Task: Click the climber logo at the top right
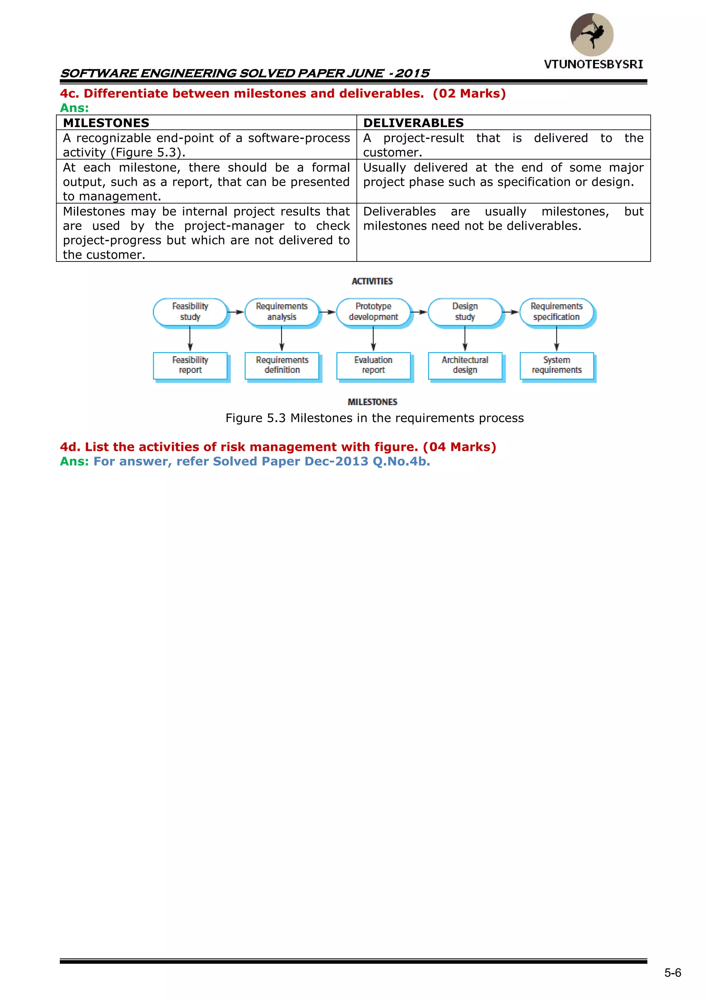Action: click(x=592, y=35)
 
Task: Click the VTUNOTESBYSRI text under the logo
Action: click(x=593, y=65)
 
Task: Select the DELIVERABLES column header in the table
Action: click(x=413, y=123)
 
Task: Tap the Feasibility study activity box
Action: click(x=190, y=312)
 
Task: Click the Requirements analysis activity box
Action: click(x=282, y=312)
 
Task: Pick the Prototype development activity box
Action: click(x=373, y=312)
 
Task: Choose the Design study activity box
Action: click(x=465, y=312)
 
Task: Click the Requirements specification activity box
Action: click(x=556, y=312)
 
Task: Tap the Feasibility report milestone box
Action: click(x=190, y=365)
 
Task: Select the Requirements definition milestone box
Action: click(x=282, y=365)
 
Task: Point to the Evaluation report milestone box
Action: click(x=373, y=365)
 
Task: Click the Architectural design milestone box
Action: click(x=465, y=365)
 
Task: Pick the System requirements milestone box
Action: click(x=556, y=365)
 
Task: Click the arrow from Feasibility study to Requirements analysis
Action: click(x=235, y=312)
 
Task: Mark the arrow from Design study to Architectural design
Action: click(x=465, y=339)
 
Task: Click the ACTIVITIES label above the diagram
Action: click(x=372, y=282)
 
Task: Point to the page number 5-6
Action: click(x=672, y=973)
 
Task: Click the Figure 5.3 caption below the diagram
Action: click(x=375, y=418)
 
